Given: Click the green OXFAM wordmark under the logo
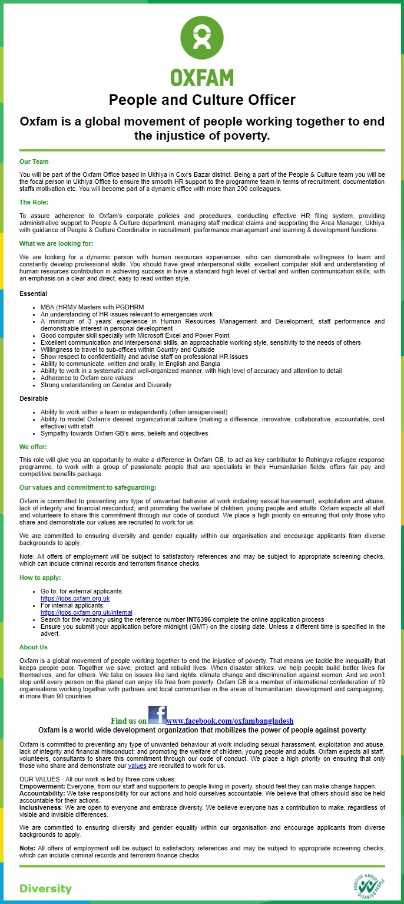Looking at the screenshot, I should pyautogui.click(x=202, y=77).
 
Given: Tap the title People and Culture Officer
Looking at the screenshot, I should pyautogui.click(x=202, y=100).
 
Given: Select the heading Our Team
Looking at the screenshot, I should pyautogui.click(x=34, y=161).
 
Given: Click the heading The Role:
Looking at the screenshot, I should pyautogui.click(x=34, y=202).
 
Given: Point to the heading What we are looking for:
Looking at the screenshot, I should pyautogui.click(x=56, y=243).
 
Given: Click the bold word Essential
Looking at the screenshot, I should pyautogui.click(x=33, y=293).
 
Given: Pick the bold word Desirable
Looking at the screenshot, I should pyautogui.click(x=33, y=399).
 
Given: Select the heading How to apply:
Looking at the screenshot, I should pyautogui.click(x=40, y=578).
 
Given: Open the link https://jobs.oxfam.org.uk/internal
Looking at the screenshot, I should pyautogui.click(x=86, y=612).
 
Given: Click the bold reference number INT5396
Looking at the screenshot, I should pyautogui.click(x=198, y=620).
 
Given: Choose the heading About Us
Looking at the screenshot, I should pyautogui.click(x=34, y=647).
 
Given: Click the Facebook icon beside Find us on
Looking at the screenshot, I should pyautogui.click(x=157, y=715).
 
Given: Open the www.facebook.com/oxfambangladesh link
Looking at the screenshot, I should pyautogui.click(x=230, y=721).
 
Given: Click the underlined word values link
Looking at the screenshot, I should pyautogui.click(x=137, y=766).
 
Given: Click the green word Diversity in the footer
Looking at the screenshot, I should pyautogui.click(x=45, y=889).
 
